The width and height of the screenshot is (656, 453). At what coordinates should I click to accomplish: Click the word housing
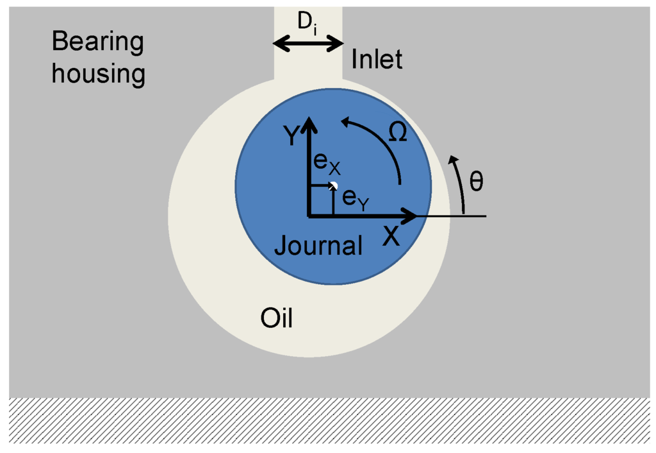tap(98, 73)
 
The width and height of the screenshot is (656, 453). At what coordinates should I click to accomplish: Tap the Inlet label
tap(377, 60)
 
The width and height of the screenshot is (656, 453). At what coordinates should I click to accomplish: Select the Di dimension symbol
tap(307, 23)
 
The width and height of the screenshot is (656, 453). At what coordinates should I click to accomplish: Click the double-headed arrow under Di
tap(308, 44)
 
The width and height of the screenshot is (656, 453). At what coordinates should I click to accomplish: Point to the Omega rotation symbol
tap(398, 132)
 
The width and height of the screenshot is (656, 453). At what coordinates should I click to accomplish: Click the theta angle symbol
tap(477, 181)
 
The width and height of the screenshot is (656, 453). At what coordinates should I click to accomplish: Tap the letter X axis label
tap(391, 237)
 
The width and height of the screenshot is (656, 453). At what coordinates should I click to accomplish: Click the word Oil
tap(277, 317)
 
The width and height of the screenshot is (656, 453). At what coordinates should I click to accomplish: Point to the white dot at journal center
tap(333, 185)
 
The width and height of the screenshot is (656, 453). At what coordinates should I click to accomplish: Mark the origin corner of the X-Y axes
tap(309, 216)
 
